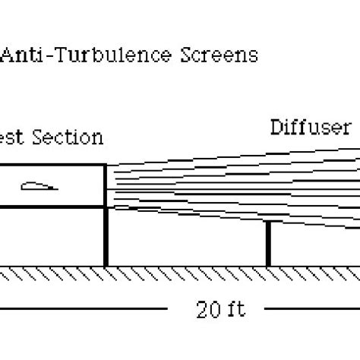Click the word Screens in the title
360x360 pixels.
pyautogui.click(x=219, y=55)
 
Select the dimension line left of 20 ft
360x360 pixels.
pyautogui.click(x=84, y=309)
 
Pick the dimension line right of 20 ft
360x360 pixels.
pyautogui.click(x=311, y=309)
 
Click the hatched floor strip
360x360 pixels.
pyautogui.click(x=180, y=272)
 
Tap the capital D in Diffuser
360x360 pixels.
pyautogui.click(x=276, y=128)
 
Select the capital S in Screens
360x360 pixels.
pyautogui.click(x=187, y=55)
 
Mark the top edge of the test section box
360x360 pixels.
pyautogui.click(x=53, y=165)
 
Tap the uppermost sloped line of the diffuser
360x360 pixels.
pyautogui.click(x=228, y=156)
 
